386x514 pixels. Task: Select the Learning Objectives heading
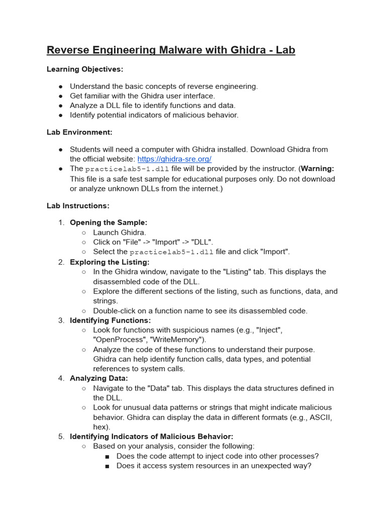pyautogui.click(x=85, y=69)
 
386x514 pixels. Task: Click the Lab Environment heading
pyautogui.click(x=79, y=132)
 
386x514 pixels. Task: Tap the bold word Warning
pyautogui.click(x=317, y=169)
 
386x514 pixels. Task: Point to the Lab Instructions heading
pyautogui.click(x=78, y=206)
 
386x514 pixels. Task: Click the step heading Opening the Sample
pyautogui.click(x=108, y=222)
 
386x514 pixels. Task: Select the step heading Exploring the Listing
pyautogui.click(x=110, y=262)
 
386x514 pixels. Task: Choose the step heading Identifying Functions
pyautogui.click(x=110, y=320)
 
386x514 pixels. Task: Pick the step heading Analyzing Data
pyautogui.click(x=99, y=378)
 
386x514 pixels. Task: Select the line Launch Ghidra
pyautogui.click(x=120, y=232)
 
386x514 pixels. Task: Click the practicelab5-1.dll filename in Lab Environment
pyautogui.click(x=127, y=169)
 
